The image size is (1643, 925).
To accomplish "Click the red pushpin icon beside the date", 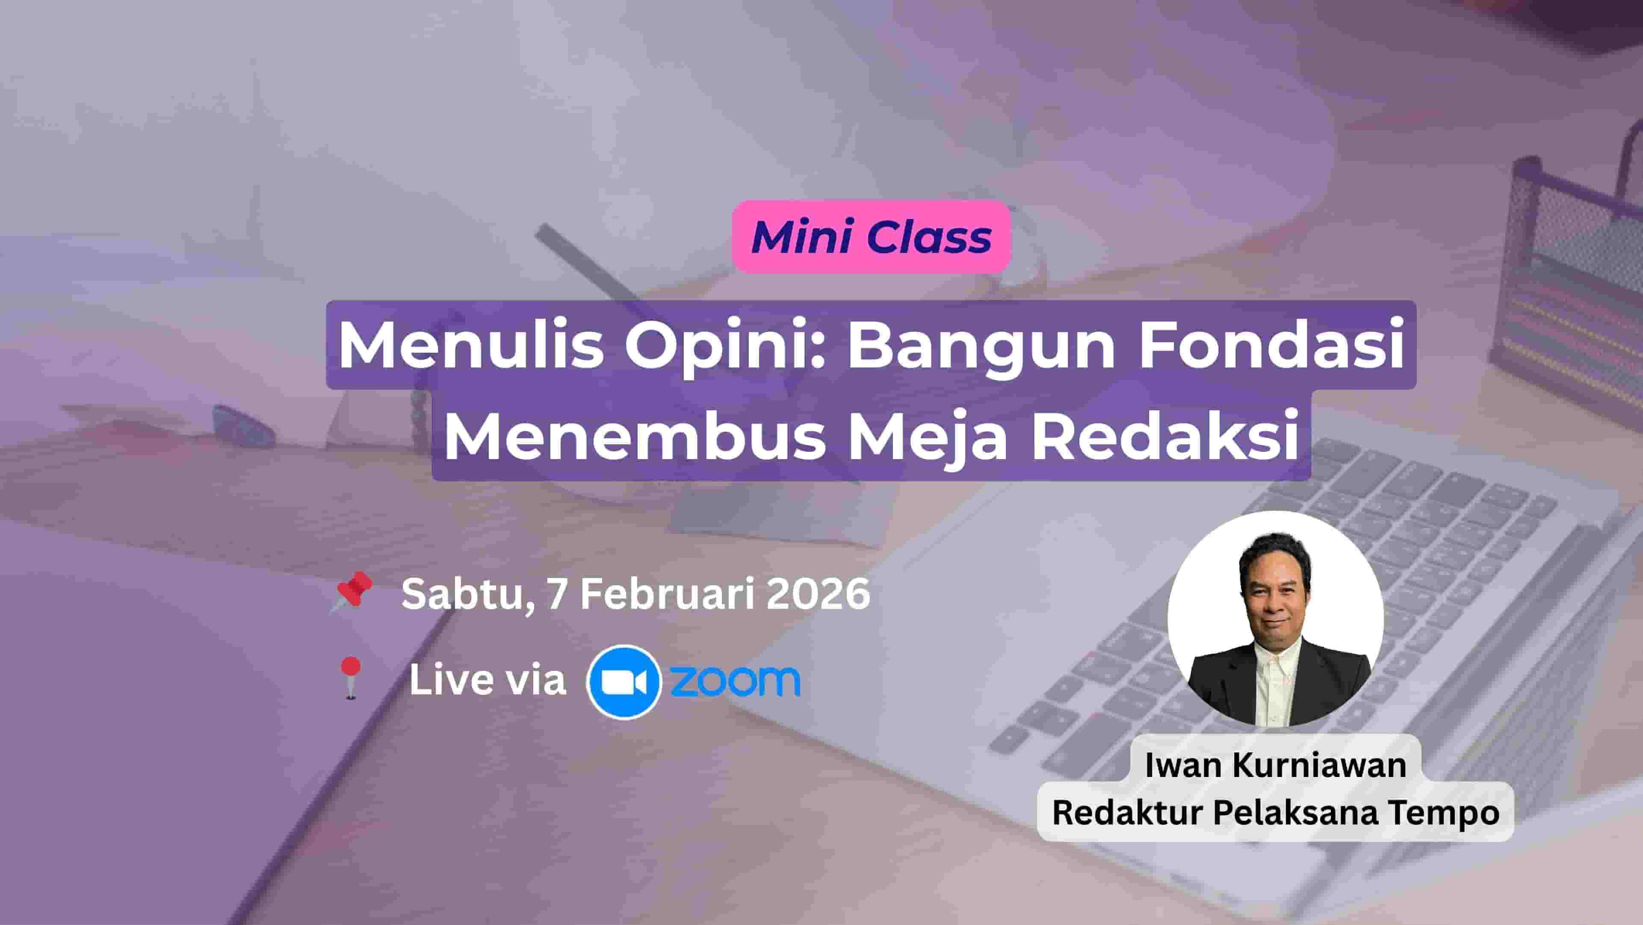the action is click(351, 591).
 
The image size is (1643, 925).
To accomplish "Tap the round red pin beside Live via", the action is click(350, 678).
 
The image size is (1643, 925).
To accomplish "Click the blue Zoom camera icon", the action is click(623, 682).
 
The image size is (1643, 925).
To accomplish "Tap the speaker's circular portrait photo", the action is click(1276, 619).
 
